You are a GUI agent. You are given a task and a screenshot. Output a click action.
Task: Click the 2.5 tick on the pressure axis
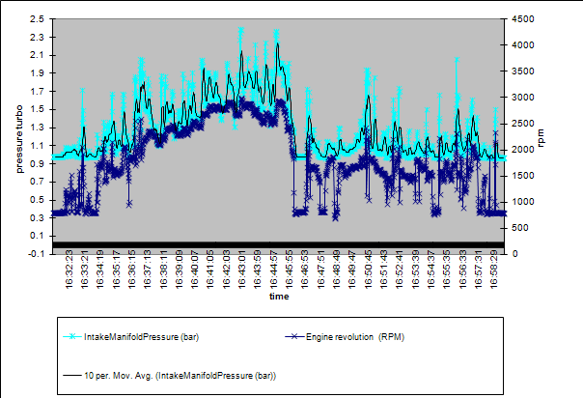click(38, 19)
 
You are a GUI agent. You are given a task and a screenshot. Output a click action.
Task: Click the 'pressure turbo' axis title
click(18, 137)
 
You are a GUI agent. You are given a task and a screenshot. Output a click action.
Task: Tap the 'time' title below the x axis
click(279, 297)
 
